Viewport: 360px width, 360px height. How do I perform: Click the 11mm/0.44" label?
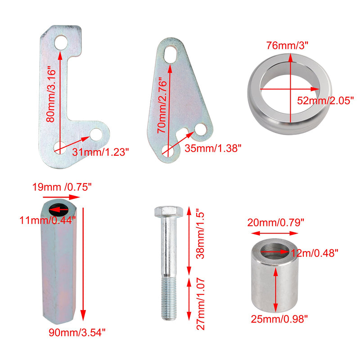(x=48, y=220)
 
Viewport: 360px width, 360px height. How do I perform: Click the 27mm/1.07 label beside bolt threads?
(x=201, y=304)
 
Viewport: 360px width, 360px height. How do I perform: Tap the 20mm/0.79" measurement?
(x=276, y=222)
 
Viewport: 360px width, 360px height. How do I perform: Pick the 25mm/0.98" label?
(x=279, y=320)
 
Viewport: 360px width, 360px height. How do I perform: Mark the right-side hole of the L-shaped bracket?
(x=96, y=134)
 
